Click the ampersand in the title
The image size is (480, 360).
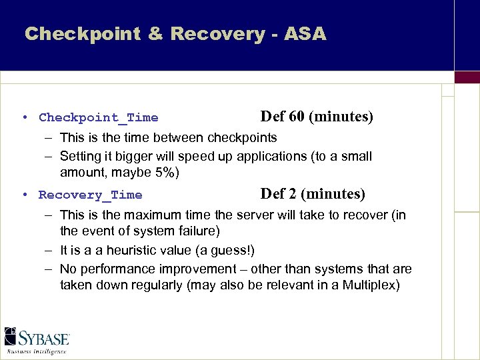(x=155, y=34)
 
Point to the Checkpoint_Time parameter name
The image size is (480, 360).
(x=99, y=118)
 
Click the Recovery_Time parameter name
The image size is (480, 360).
(x=91, y=195)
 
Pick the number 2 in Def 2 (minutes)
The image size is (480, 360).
(x=292, y=195)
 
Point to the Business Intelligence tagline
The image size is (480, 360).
(x=37, y=351)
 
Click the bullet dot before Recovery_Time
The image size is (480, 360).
(x=23, y=195)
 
